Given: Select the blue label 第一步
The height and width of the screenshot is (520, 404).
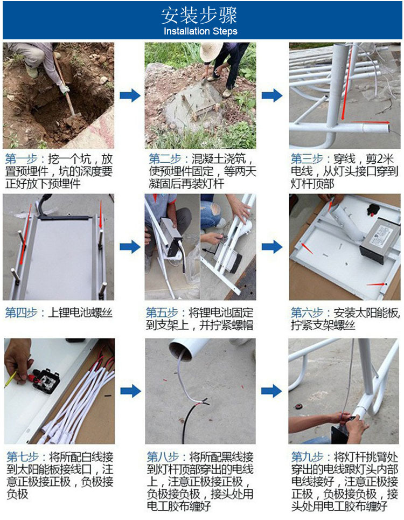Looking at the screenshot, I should [21, 160].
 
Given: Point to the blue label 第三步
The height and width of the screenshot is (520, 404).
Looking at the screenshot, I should [307, 160].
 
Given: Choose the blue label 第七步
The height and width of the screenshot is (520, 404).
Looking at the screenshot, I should [22, 456].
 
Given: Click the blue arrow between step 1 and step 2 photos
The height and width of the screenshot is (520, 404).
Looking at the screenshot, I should [130, 96].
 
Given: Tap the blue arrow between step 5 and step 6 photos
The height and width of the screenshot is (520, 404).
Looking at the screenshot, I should [272, 247].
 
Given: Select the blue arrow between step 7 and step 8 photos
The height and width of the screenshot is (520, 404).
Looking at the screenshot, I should [130, 391].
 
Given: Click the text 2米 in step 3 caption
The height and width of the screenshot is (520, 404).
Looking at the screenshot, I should [385, 160].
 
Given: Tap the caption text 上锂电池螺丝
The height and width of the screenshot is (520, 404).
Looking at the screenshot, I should [81, 313].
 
